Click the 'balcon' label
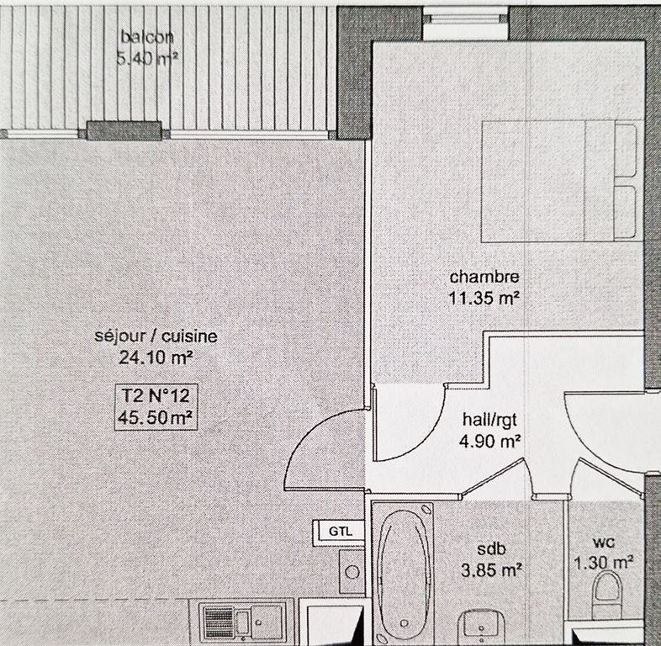[147, 37]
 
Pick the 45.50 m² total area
[156, 416]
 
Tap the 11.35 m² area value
[484, 296]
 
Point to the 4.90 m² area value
[491, 440]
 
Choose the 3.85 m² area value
[493, 569]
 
